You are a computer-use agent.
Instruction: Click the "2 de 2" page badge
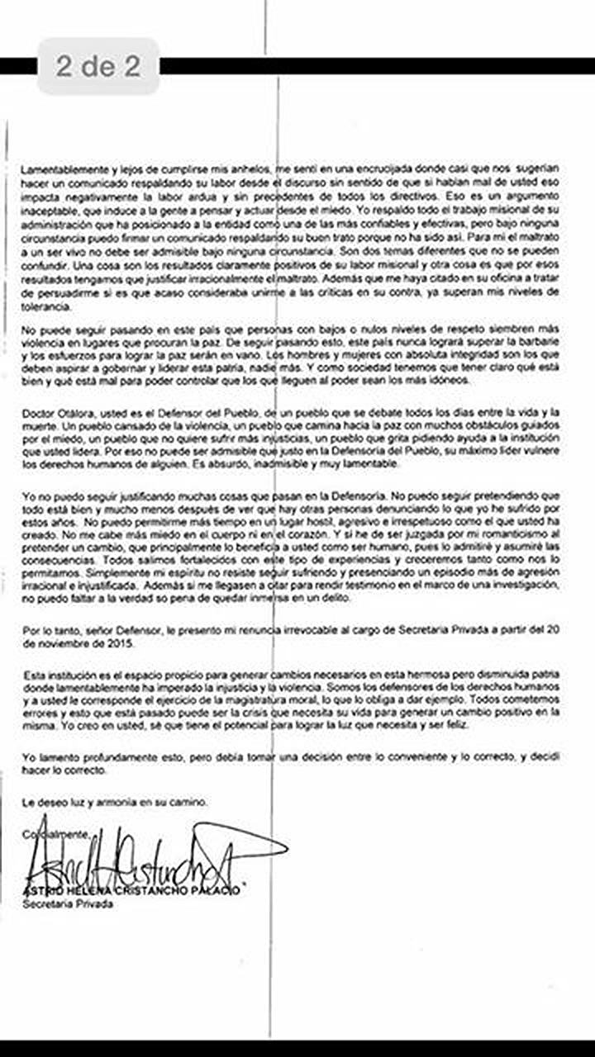[98, 66]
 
